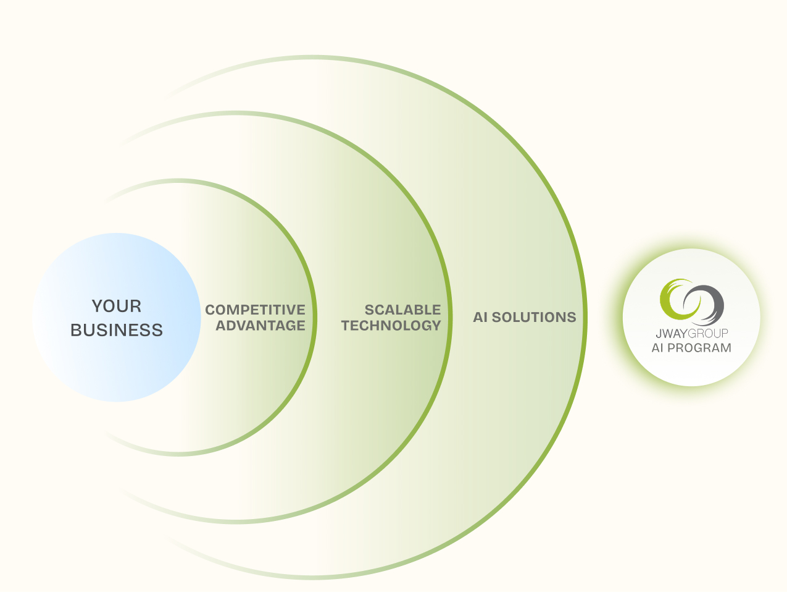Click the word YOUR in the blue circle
pyautogui.click(x=117, y=306)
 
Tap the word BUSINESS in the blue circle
pyautogui.click(x=117, y=330)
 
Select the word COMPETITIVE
pyautogui.click(x=255, y=310)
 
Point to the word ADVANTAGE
pyautogui.click(x=260, y=325)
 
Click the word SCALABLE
pyautogui.click(x=402, y=310)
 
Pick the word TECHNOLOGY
pyautogui.click(x=391, y=325)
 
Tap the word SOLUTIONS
pyautogui.click(x=534, y=317)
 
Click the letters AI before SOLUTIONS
pyautogui.click(x=480, y=317)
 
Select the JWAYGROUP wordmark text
pyautogui.click(x=691, y=333)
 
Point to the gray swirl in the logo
pyautogui.click(x=709, y=305)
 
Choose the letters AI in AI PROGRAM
pyautogui.click(x=657, y=347)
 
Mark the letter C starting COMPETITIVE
pyautogui.click(x=210, y=310)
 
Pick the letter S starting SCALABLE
pyautogui.click(x=369, y=310)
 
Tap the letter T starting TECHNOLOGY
pyautogui.click(x=346, y=325)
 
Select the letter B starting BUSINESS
pyautogui.click(x=76, y=330)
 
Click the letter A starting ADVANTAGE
pyautogui.click(x=220, y=325)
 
